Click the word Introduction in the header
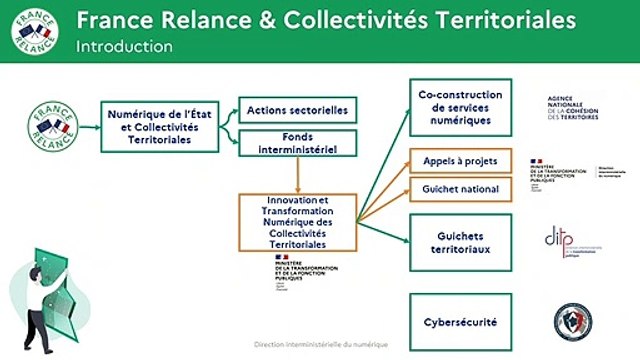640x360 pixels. [x=124, y=47]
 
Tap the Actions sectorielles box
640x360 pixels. [x=297, y=109]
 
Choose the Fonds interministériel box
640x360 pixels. [x=297, y=144]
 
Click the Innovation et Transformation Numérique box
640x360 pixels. [x=297, y=222]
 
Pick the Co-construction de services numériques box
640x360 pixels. [x=461, y=107]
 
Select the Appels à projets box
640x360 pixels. [x=461, y=161]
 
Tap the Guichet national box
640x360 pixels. [x=461, y=188]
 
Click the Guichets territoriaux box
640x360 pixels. [x=461, y=242]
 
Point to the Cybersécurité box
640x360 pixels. [x=461, y=323]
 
